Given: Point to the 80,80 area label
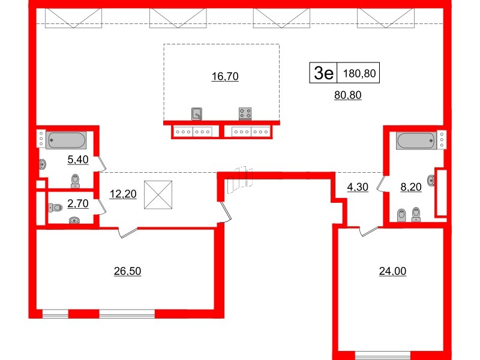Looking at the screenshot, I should [x=348, y=94].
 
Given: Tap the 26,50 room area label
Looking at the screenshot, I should [x=127, y=271].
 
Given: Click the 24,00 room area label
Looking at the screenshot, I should [x=393, y=271].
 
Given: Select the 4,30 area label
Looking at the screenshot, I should [x=358, y=187].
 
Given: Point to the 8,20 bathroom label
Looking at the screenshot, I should [x=411, y=187].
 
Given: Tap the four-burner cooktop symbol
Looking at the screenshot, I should [x=245, y=113].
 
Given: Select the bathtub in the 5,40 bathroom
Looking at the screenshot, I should [x=66, y=140].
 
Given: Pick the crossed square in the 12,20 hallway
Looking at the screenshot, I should [x=158, y=195].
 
